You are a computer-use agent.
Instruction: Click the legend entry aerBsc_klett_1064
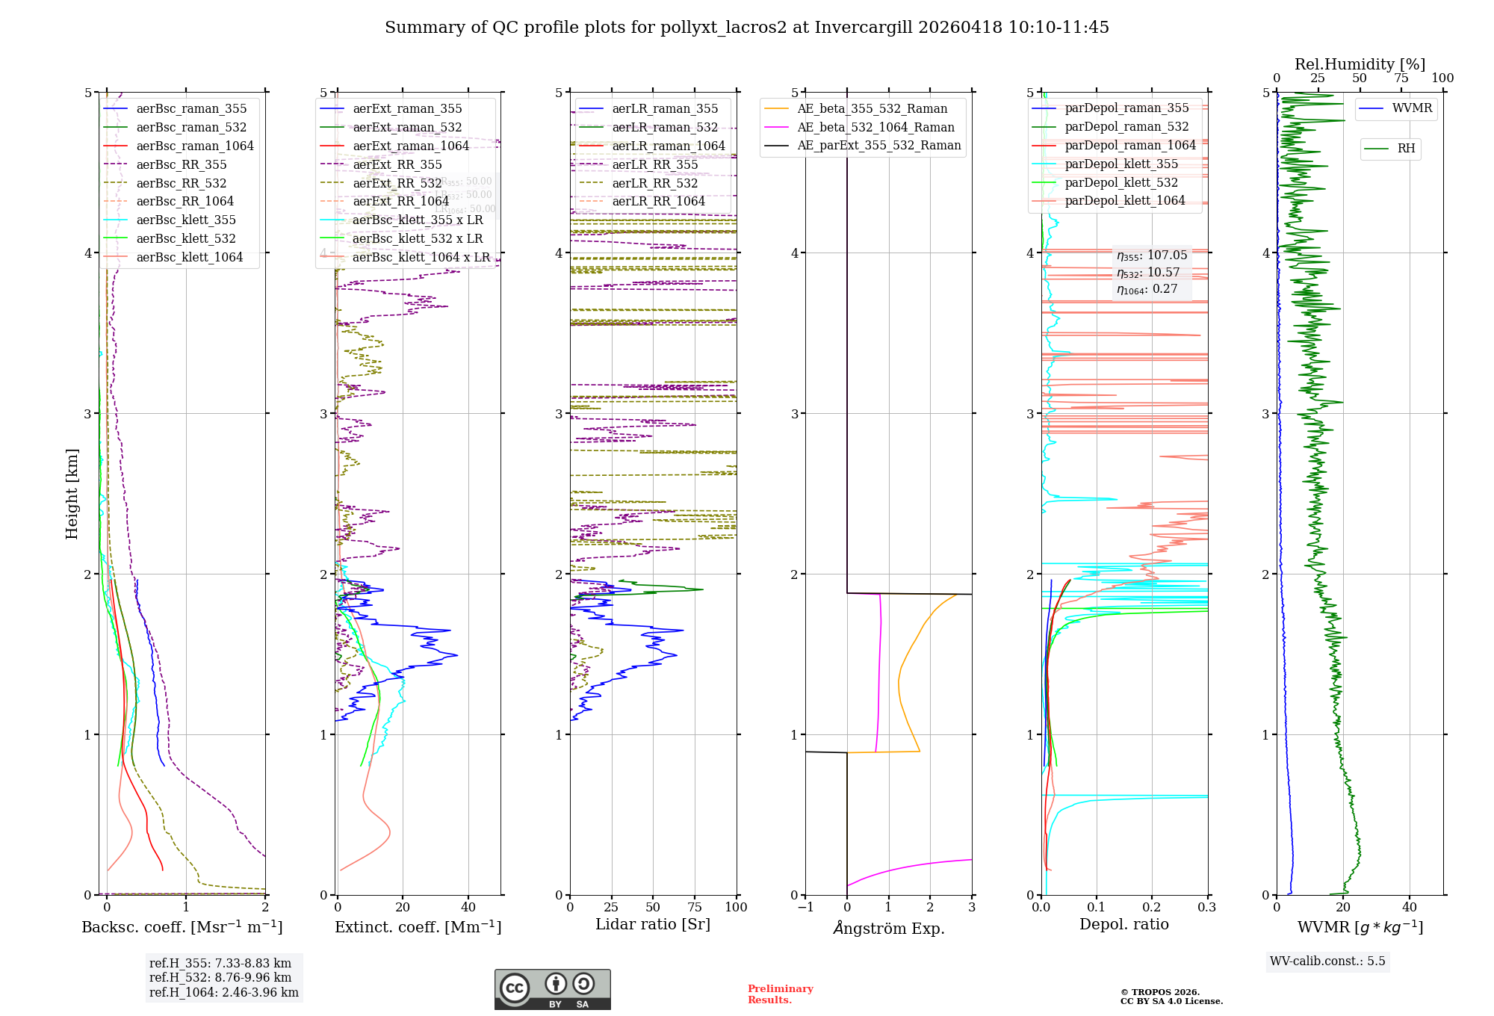pos(189,257)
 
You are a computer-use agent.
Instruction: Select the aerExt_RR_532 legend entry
pos(397,183)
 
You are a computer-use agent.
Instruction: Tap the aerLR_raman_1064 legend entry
pos(668,146)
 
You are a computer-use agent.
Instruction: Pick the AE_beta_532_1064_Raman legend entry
pos(875,127)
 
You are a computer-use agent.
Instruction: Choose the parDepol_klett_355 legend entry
pos(1120,164)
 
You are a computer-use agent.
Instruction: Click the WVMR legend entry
pos(1412,108)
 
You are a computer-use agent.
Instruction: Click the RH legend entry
pos(1406,149)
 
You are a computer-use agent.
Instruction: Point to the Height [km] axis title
pos(72,493)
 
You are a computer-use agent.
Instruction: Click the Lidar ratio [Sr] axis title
pos(653,924)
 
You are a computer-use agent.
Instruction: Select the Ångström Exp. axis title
pos(888,928)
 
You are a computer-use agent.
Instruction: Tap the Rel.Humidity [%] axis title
pos(1360,64)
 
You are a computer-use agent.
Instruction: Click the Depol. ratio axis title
pos(1123,924)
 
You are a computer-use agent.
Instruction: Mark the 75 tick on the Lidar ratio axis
pos(695,907)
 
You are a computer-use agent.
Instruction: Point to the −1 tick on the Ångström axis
pos(805,907)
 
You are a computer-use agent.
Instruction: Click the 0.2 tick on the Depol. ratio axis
pos(1152,907)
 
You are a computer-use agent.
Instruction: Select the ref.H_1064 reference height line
pos(223,992)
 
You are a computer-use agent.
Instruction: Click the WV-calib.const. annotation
pos(1327,961)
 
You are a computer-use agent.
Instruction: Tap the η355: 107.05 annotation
pos(1151,255)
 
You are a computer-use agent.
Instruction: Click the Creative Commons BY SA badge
pos(552,989)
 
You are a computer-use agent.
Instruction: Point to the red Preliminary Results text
pos(780,994)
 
